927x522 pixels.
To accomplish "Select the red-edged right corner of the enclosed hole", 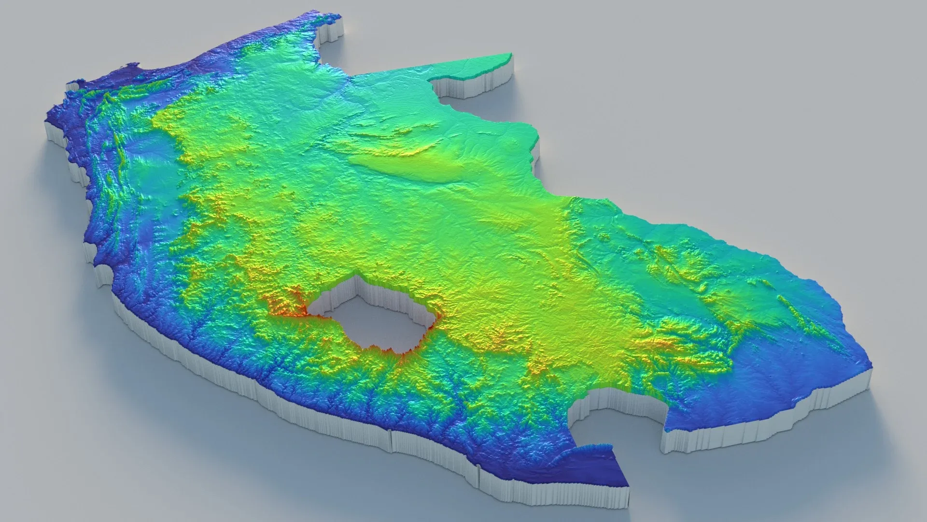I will (440, 317).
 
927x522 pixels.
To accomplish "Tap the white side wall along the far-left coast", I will (63, 140).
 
